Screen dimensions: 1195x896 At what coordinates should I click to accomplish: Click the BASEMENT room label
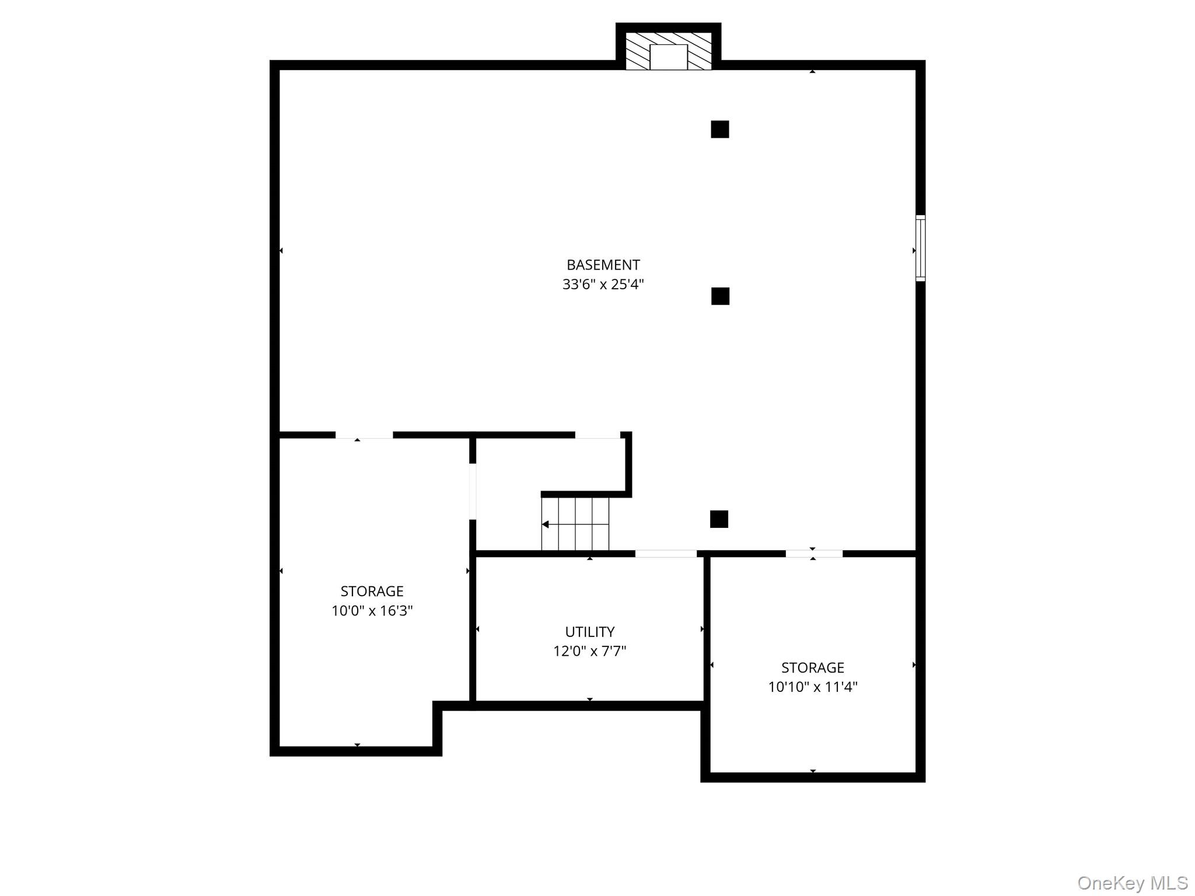point(603,265)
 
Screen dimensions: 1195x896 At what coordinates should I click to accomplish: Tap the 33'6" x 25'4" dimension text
point(603,285)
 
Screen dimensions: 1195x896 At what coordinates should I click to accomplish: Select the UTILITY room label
point(589,632)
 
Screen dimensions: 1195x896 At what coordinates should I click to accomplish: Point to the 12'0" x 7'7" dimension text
point(589,651)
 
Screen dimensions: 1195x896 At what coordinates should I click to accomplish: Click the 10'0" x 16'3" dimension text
point(372,611)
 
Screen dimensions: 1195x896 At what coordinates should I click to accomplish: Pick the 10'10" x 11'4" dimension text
point(813,687)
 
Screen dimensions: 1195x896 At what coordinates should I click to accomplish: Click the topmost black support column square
point(720,129)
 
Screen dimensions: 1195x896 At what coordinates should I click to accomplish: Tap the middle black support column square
point(720,296)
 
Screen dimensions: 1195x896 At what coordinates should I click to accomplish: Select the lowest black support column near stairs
point(719,519)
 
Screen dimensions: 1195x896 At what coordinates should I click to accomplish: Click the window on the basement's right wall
point(920,248)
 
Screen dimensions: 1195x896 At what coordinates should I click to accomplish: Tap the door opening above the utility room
point(666,554)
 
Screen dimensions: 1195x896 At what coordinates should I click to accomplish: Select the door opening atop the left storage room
point(364,435)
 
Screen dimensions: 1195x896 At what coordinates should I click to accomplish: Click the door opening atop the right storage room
point(814,554)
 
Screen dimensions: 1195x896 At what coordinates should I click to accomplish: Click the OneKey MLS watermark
point(1133,883)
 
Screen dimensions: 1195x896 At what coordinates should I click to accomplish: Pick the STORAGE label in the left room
point(372,591)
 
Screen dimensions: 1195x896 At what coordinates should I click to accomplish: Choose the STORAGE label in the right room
point(813,667)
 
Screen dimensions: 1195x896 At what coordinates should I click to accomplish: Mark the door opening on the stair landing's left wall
point(473,491)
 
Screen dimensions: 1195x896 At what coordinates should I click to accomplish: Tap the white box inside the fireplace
point(669,57)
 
